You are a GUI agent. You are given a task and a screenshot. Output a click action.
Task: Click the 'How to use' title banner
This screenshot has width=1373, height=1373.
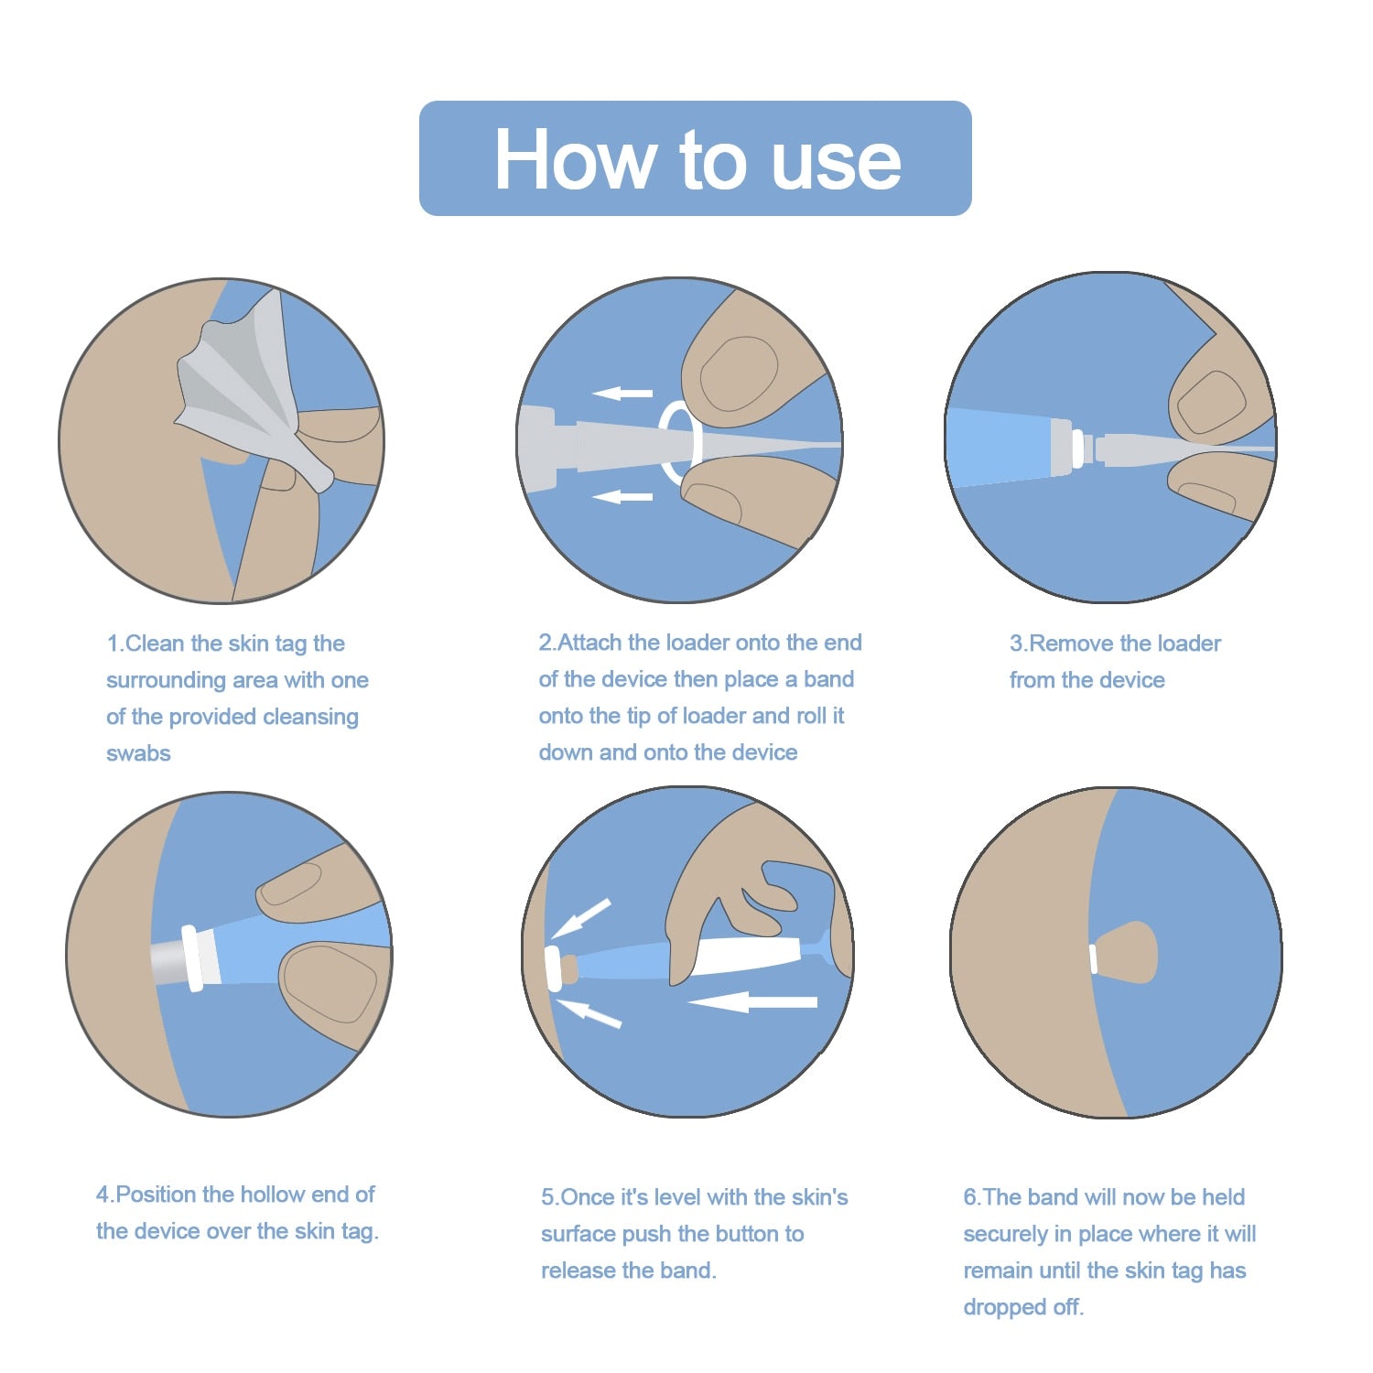(695, 158)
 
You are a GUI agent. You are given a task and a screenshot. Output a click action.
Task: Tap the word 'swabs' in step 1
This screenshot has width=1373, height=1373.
(138, 753)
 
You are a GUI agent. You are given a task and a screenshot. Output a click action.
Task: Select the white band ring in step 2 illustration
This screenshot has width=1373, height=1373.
(680, 443)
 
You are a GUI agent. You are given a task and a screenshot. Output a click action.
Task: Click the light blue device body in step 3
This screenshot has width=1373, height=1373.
(998, 446)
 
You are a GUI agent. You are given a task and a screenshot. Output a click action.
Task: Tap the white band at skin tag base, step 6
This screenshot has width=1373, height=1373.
(1093, 958)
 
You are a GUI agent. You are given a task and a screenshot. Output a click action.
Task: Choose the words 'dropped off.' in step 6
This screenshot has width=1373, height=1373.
(1022, 1307)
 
